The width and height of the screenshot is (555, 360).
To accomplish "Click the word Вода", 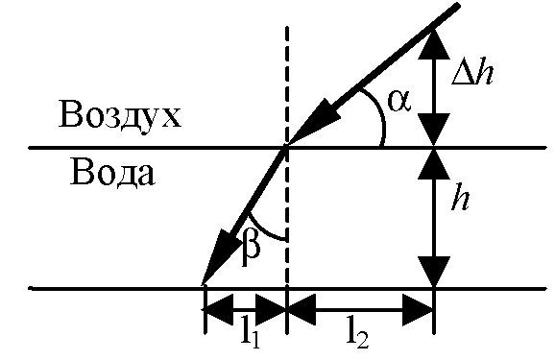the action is [x=112, y=173].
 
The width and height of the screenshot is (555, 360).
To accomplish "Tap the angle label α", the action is [x=399, y=101].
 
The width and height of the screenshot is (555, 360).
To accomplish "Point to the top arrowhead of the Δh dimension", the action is [x=434, y=43].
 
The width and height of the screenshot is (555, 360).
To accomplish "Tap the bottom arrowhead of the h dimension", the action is [x=434, y=272].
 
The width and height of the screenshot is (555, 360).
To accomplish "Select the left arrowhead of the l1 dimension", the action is [x=220, y=309].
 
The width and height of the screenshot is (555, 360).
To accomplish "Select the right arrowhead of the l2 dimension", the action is [x=419, y=309].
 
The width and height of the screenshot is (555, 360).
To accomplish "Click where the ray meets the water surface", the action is [x=287, y=147].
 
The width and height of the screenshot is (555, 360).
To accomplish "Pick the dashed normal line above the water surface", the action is [x=287, y=86].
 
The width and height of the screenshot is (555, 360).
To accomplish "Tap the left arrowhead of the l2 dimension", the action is [x=301, y=309].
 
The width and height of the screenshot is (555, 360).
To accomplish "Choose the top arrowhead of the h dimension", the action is [x=434, y=164].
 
